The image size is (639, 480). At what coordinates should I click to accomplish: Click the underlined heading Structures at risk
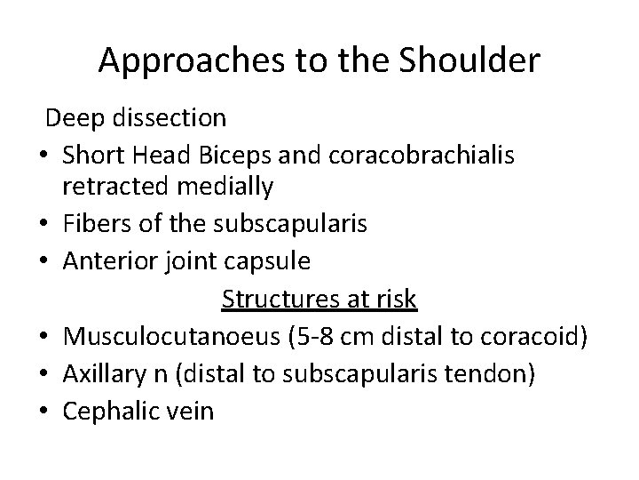(319, 300)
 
